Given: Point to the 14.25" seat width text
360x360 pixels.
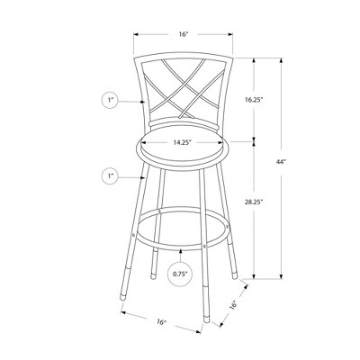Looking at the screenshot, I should [x=183, y=141].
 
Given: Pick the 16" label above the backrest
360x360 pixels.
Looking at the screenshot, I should [x=184, y=33].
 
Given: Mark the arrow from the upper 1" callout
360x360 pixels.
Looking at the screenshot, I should [x=130, y=102].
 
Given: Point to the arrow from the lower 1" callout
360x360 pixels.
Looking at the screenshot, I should [x=130, y=177].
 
